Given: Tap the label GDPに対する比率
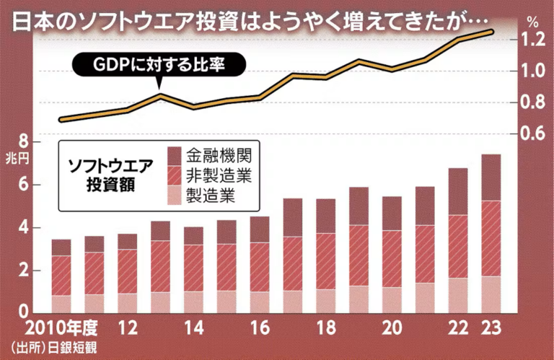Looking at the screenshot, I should tap(159, 65).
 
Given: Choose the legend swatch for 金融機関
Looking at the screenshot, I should tap(175, 155).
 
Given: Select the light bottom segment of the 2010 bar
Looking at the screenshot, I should tap(61, 304).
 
